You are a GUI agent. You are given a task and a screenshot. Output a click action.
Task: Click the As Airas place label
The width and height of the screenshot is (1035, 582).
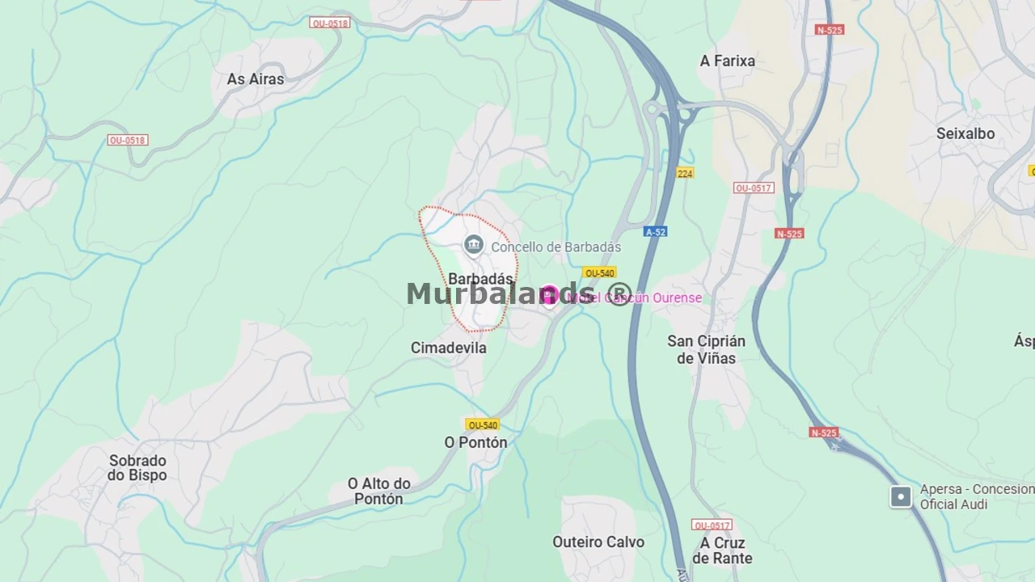[x=256, y=79]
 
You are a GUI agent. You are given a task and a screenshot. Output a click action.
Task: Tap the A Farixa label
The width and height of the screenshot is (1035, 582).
[x=727, y=61]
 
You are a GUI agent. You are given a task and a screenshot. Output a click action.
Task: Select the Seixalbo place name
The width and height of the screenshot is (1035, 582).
[x=965, y=133]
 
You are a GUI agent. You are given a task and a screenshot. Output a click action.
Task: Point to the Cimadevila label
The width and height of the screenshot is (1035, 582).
[x=448, y=348]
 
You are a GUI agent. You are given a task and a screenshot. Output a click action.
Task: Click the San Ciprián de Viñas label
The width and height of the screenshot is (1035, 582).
[x=706, y=349]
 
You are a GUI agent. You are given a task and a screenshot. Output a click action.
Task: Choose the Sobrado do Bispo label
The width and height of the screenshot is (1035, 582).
[x=137, y=468]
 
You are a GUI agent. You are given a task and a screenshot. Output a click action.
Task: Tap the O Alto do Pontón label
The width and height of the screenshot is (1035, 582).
[x=378, y=491]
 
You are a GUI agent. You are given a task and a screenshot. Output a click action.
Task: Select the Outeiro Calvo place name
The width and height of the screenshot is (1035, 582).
[x=598, y=542]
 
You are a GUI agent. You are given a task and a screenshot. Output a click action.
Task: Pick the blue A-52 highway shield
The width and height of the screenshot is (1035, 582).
[x=655, y=232]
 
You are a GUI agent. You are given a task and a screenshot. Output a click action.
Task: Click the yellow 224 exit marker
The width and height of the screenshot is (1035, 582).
[x=685, y=173]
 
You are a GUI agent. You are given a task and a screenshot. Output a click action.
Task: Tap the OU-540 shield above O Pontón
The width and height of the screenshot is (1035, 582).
[x=482, y=425]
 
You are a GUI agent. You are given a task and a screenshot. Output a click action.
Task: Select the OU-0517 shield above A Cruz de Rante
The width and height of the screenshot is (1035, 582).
[x=712, y=525]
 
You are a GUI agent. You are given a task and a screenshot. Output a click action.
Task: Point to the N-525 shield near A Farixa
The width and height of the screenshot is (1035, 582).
[x=830, y=30]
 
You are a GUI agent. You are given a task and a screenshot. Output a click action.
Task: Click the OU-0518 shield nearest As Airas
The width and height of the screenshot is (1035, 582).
[x=329, y=23]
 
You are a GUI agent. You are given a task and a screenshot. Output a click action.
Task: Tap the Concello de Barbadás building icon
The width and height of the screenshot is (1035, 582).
[x=474, y=245]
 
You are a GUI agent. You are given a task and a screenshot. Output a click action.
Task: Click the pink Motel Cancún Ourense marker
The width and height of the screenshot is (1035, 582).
[x=549, y=295]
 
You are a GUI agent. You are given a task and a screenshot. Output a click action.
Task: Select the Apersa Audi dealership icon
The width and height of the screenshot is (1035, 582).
[x=901, y=496]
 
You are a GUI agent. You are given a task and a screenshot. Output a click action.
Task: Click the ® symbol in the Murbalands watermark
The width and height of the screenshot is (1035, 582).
[x=619, y=295]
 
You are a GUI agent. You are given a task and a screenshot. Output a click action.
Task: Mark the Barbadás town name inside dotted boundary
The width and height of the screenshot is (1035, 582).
[x=480, y=279]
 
